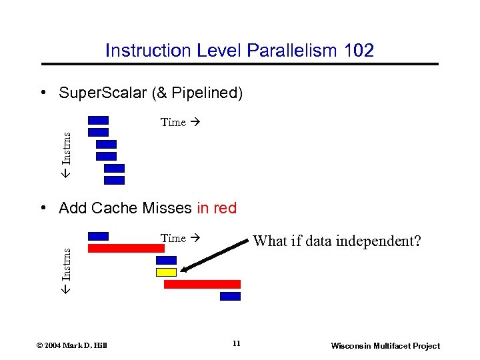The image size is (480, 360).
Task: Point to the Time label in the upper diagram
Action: (x=173, y=122)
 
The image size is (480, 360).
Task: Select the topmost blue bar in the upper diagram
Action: (x=98, y=121)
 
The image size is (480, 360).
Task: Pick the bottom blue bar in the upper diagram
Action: (x=114, y=180)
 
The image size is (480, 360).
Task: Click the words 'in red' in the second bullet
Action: (x=217, y=208)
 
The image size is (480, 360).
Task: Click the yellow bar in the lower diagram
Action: (x=166, y=272)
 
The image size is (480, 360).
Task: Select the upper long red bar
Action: (x=126, y=248)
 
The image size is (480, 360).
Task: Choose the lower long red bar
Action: (x=202, y=284)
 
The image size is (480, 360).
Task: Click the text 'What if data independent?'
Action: (x=337, y=241)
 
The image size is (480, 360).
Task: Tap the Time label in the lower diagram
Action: (x=173, y=238)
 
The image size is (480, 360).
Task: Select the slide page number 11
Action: (x=237, y=343)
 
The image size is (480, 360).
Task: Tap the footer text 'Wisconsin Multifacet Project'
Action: (x=385, y=345)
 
